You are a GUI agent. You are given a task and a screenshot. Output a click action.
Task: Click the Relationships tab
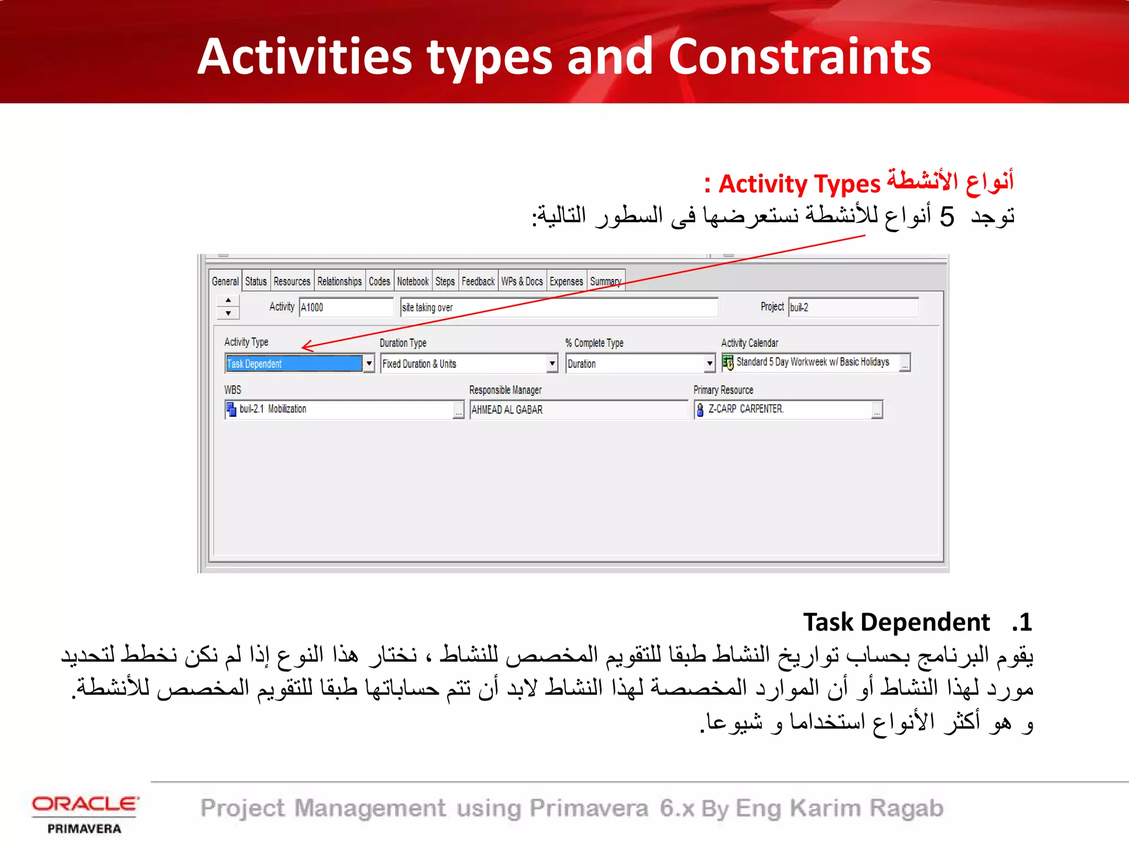click(x=339, y=281)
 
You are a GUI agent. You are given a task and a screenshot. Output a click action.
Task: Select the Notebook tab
click(x=412, y=281)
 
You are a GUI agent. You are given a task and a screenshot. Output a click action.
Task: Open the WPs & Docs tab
click(x=522, y=281)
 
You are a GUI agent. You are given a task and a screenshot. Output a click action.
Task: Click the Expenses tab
click(x=566, y=281)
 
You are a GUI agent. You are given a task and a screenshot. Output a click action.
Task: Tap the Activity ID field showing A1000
click(x=346, y=307)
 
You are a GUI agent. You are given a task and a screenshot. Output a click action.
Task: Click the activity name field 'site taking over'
click(x=558, y=307)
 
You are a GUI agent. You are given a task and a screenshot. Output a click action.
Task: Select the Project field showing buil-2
click(x=852, y=307)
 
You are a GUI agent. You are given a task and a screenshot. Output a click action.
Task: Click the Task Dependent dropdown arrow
click(x=369, y=363)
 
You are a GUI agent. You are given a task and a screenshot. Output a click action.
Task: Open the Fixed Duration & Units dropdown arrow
click(x=552, y=363)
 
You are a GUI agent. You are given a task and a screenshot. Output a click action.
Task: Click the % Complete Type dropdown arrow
click(x=709, y=363)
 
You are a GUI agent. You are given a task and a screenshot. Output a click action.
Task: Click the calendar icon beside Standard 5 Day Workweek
click(x=728, y=362)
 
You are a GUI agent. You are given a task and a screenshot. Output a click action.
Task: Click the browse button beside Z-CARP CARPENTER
click(x=877, y=410)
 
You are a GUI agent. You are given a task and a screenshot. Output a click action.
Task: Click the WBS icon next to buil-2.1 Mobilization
click(x=232, y=409)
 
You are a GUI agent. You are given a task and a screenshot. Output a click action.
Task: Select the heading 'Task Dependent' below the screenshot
click(x=896, y=622)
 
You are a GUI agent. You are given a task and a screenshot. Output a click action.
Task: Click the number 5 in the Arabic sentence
click(x=947, y=216)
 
